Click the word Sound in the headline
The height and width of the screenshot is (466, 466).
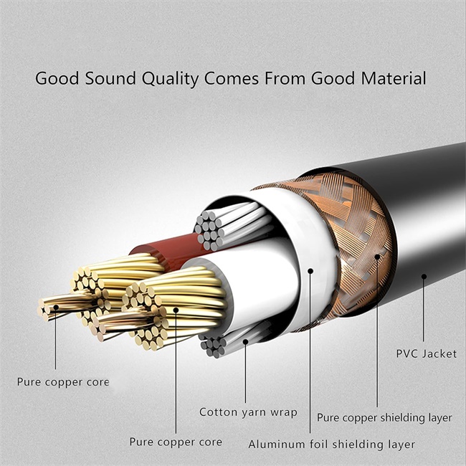[110, 78]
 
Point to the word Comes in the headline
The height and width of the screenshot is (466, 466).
[232, 79]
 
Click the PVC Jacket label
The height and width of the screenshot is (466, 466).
[427, 353]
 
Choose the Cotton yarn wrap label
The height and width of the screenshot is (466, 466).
[248, 412]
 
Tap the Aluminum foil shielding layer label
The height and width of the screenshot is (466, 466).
[331, 444]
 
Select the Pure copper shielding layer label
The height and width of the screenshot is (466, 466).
[384, 418]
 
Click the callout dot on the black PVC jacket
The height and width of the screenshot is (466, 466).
[424, 277]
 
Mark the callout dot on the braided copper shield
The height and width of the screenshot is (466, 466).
[377, 257]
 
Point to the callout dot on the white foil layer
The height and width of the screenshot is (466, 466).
[310, 271]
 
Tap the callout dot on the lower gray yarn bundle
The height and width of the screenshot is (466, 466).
[245, 342]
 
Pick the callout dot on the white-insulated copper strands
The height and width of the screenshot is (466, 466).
[176, 310]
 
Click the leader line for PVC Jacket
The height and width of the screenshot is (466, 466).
[424, 309]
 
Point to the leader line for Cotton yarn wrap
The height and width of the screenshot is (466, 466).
[245, 372]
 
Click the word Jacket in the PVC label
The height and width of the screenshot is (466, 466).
[439, 353]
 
